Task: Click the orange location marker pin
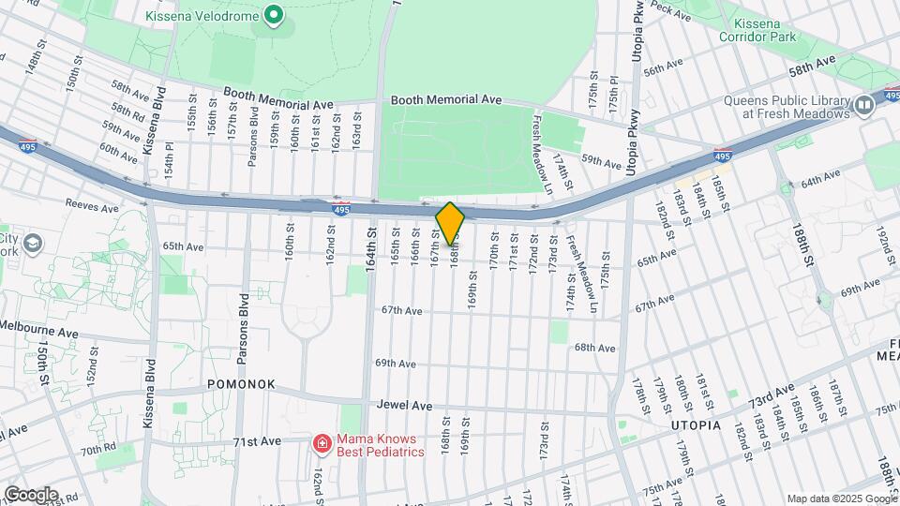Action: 450,223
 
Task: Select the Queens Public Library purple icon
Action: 864,106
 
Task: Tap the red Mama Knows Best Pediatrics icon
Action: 321,442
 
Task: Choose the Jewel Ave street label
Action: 405,406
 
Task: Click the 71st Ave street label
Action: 258,440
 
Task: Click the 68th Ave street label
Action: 594,348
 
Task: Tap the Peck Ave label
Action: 671,7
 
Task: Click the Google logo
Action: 31,494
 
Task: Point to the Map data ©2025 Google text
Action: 840,499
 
